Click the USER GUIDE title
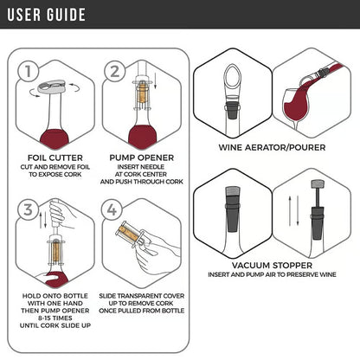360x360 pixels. [x=48, y=15]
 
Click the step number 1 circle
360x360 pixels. [x=29, y=72]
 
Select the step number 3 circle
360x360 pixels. [x=29, y=209]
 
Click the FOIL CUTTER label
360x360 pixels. [x=53, y=157]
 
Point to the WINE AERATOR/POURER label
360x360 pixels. [x=273, y=147]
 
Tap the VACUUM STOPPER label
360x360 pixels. [x=273, y=266]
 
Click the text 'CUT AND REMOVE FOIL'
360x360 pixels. [x=53, y=166]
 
